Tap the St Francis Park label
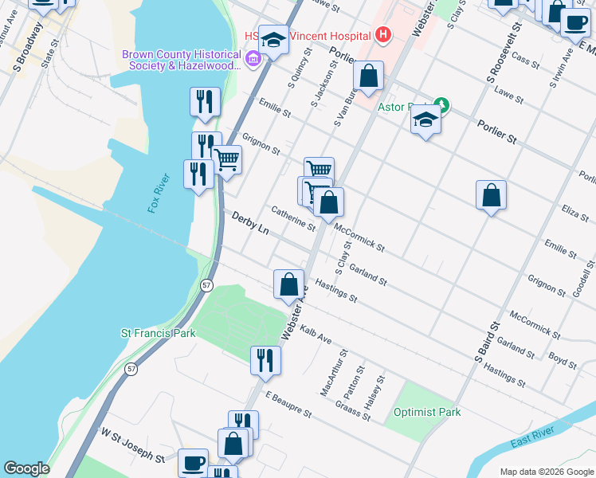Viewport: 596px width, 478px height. point(158,333)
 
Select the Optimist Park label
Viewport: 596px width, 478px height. point(427,413)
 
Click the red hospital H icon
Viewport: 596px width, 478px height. point(383,35)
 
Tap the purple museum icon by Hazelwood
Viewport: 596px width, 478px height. point(253,57)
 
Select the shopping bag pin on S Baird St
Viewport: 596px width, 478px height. point(491,195)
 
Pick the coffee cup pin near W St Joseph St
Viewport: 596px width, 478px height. point(193,462)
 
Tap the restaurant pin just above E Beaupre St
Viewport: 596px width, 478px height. point(265,359)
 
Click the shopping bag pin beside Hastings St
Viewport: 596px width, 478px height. point(288,284)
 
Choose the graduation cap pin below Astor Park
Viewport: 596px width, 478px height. point(425,121)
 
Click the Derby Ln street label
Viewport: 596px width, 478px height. point(250,222)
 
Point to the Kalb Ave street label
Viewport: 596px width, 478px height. point(316,333)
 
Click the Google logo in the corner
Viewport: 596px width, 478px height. point(26,468)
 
